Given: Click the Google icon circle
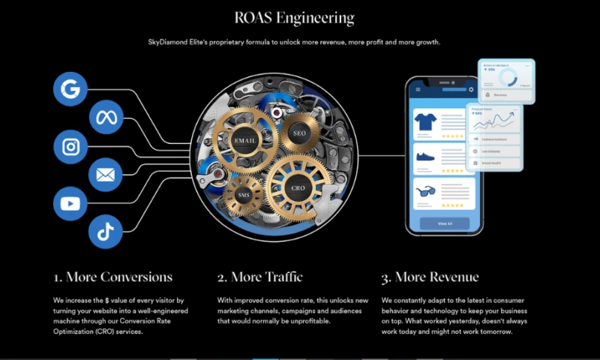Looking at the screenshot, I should point(71,88).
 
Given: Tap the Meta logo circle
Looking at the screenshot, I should point(106,117).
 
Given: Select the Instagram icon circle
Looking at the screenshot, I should point(71,146).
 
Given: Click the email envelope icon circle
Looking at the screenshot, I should point(106,175).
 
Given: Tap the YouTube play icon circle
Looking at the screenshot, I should point(71,203).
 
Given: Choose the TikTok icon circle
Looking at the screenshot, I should point(106,232).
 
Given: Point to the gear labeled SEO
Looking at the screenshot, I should point(298,132).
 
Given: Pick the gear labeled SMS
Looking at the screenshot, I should point(244,194).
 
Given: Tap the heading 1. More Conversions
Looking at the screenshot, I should point(113,277).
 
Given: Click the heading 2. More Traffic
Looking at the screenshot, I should point(259,277).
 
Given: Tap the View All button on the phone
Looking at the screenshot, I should point(445,223).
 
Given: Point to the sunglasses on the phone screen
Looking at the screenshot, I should point(425,192).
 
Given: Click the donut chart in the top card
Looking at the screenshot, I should point(514,78).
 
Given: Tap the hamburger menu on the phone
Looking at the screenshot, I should point(418,90).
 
